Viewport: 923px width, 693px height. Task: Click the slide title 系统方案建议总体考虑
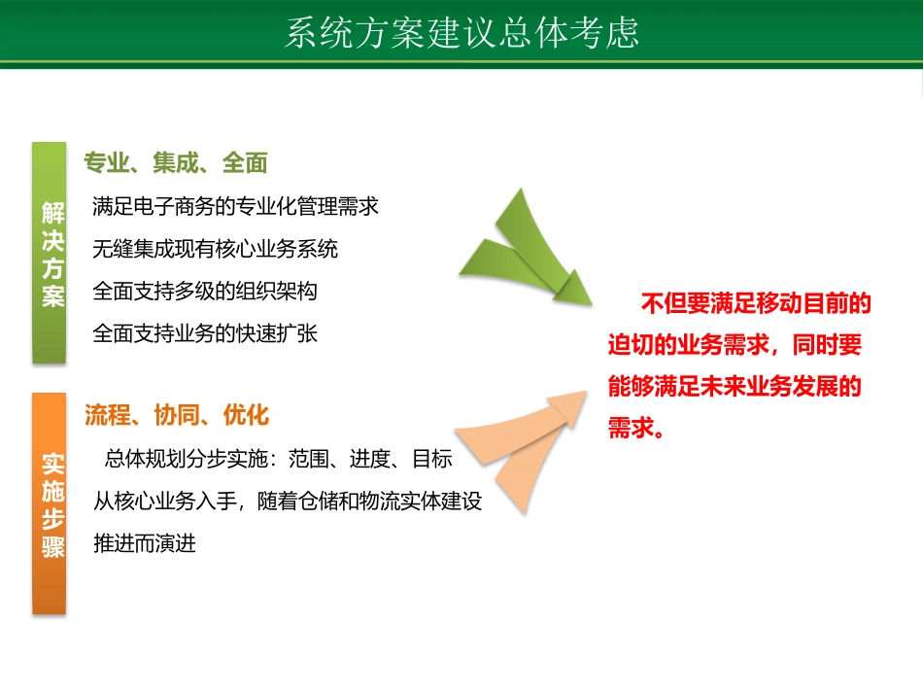tap(461, 32)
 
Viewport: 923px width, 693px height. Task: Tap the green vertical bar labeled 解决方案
tap(50, 253)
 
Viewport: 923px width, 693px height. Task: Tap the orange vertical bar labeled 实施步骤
tap(50, 502)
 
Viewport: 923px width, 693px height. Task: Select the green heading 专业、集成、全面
tap(175, 163)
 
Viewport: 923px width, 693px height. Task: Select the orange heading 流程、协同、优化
tap(176, 415)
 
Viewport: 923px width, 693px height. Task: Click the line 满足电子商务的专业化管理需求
tap(235, 206)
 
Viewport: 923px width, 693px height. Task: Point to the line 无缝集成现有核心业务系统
tap(215, 249)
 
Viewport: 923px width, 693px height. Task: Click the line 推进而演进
tap(145, 543)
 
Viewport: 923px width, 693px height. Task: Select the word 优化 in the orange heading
tap(246, 415)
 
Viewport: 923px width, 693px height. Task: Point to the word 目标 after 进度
tap(432, 459)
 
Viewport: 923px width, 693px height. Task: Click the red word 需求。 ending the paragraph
tap(636, 429)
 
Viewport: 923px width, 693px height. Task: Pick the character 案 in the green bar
tap(52, 296)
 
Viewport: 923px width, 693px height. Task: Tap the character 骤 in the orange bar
tap(52, 547)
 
